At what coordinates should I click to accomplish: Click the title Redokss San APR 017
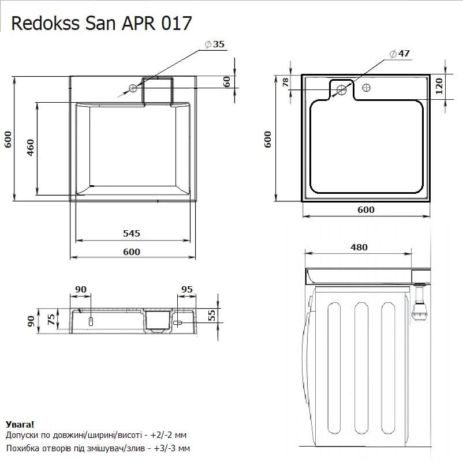click(101, 23)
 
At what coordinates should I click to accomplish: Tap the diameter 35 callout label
click(215, 44)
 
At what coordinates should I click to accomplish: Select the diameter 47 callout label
click(399, 54)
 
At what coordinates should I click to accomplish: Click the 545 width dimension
click(132, 234)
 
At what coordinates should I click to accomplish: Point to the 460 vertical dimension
click(31, 148)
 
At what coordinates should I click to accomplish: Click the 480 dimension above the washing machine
click(359, 248)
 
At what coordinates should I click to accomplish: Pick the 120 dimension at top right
click(439, 86)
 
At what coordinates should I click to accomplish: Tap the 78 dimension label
click(285, 83)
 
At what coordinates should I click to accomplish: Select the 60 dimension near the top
click(226, 82)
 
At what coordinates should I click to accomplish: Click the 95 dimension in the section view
click(187, 290)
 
